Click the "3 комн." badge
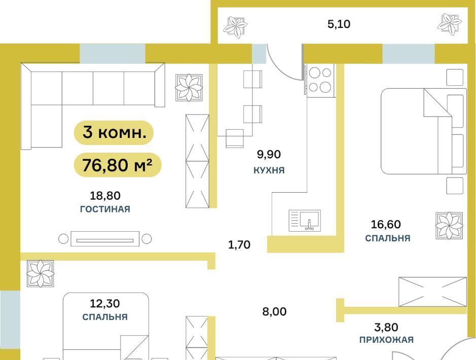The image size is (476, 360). (x=114, y=133)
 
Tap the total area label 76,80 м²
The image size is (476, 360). (x=118, y=165)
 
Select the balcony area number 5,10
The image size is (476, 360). (x=339, y=24)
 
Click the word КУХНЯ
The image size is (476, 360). (x=269, y=170)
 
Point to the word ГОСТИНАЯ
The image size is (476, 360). (x=105, y=209)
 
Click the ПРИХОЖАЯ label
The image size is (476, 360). (x=386, y=340)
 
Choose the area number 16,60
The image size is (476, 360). (x=386, y=224)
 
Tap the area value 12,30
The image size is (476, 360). (x=105, y=303)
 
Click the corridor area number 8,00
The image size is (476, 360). (x=274, y=311)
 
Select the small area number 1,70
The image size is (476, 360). (x=239, y=245)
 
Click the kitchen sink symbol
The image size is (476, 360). (x=305, y=221)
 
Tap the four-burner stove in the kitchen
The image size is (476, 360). (x=320, y=81)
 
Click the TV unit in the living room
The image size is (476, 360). (x=105, y=239)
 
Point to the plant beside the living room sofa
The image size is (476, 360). (x=189, y=87)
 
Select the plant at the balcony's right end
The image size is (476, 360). (x=450, y=23)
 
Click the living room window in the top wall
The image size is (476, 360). (x=113, y=53)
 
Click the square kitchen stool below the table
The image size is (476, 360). (x=235, y=138)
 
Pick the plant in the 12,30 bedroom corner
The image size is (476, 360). (x=41, y=273)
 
